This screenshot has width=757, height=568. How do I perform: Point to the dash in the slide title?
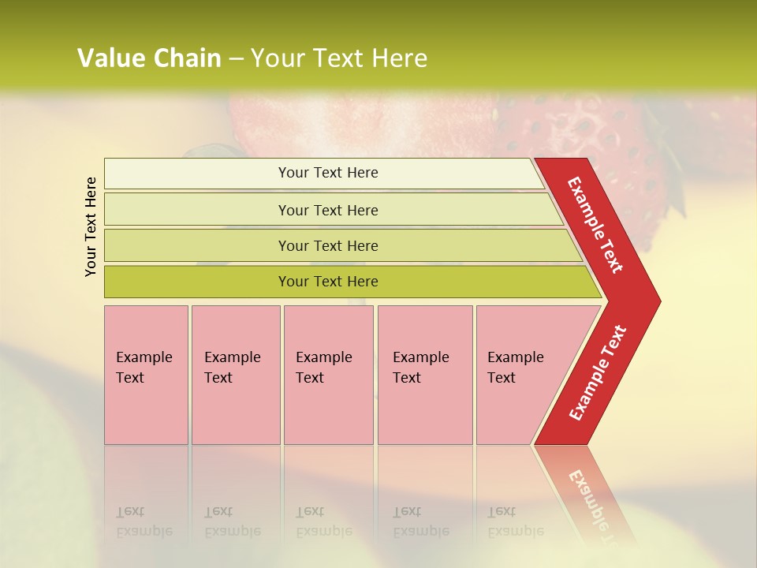236,59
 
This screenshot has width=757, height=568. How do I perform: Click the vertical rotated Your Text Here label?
91,226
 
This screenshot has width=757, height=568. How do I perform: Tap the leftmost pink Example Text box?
146,375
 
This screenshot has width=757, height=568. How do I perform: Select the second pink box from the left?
235,375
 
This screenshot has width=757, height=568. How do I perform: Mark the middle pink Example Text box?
328,375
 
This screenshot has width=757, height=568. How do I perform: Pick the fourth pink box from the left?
424,375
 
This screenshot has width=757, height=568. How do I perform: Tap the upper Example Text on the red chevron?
595,225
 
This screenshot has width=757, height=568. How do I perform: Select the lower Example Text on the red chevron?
598,372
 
